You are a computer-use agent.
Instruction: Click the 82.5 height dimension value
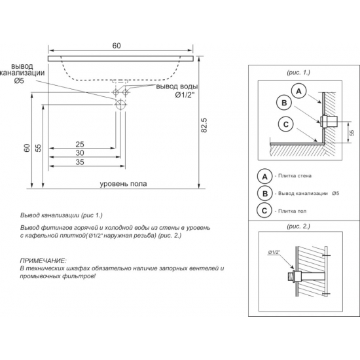coord(204,125)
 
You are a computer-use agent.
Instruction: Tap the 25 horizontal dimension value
coord(80,145)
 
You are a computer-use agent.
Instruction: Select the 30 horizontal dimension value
coord(80,153)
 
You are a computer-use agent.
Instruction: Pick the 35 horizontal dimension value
coord(80,162)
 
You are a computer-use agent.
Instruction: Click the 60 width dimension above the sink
coord(117,46)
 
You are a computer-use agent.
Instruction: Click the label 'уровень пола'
coord(123,184)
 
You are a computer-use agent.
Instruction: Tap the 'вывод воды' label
coord(177,86)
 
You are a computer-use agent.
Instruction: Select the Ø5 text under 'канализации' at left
coord(19,81)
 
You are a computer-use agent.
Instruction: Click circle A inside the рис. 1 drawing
coord(298,92)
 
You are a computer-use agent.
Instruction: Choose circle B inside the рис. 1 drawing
coord(284,103)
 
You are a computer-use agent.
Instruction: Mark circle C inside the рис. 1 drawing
coord(286,124)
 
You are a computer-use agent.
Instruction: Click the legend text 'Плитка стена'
coord(295,176)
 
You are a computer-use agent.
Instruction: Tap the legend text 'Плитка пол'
coord(293,211)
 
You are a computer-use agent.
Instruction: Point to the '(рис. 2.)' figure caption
coord(298,226)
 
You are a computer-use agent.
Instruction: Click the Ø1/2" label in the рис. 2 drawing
coord(274,252)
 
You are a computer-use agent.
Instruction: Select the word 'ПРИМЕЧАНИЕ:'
coord(43,261)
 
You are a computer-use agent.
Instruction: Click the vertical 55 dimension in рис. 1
coord(353,132)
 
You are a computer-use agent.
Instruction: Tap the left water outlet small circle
coord(116,92)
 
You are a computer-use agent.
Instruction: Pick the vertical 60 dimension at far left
coord(27,148)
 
